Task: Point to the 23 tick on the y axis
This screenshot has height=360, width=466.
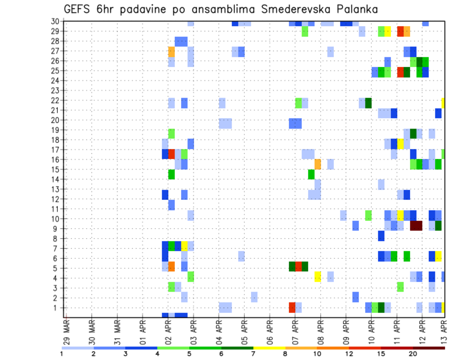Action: pos(55,90)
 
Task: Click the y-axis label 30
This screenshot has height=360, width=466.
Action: pos(55,21)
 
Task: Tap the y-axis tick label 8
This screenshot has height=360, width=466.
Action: pos(57,239)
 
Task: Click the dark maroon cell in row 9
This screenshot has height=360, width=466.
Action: pos(416,226)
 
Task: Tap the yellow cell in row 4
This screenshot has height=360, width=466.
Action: pos(317,277)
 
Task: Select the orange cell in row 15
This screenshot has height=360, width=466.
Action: pos(317,164)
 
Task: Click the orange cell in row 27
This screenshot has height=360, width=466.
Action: pos(171,51)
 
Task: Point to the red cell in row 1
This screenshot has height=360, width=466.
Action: pos(292,307)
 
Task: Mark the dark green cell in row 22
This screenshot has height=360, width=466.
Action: pos(368,103)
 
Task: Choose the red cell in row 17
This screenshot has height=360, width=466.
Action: pos(171,154)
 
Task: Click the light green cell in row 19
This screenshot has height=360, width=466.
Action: pos(171,133)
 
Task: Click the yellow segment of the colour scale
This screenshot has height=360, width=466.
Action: pos(269,348)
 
